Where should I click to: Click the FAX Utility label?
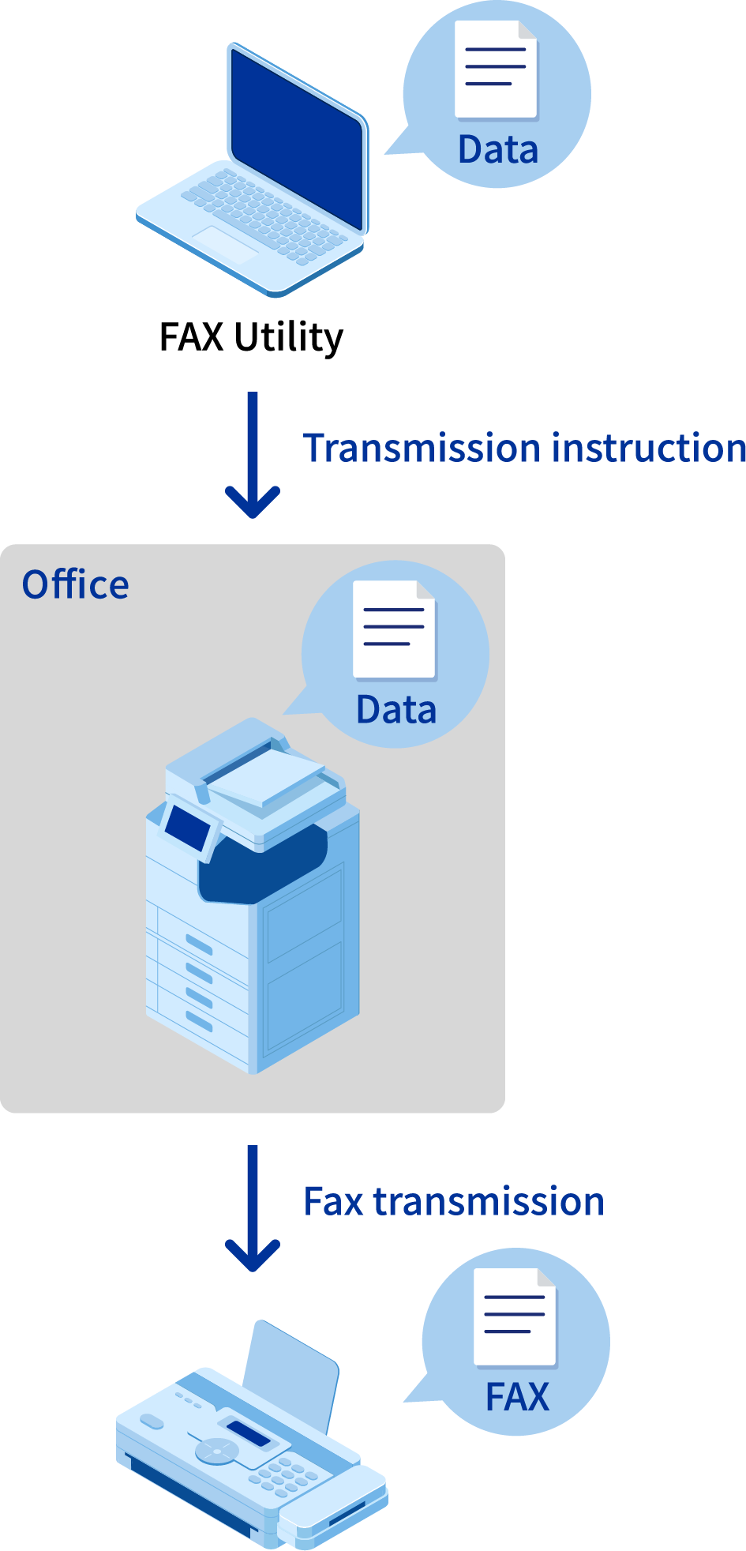[x=251, y=337]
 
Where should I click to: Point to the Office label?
[x=76, y=585]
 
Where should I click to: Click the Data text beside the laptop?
[x=498, y=150]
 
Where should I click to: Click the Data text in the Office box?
[x=396, y=710]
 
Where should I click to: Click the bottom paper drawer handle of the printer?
[x=199, y=1022]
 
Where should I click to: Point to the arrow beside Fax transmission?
[x=253, y=1209]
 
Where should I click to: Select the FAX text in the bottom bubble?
[x=517, y=1397]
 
